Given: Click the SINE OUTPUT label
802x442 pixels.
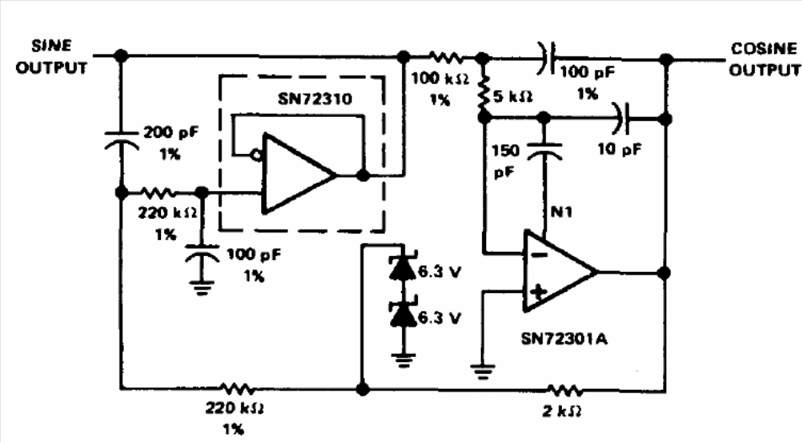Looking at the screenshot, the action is [x=51, y=56].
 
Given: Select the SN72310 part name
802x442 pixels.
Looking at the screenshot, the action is [x=315, y=99].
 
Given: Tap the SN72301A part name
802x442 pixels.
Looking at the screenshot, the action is [x=564, y=338].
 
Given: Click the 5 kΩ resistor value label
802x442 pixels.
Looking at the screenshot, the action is [x=513, y=96].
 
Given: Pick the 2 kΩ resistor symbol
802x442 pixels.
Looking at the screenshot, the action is [x=564, y=391].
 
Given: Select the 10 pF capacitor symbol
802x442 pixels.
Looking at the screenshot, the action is [x=623, y=119].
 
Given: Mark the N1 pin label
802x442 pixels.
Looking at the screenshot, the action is [x=561, y=211].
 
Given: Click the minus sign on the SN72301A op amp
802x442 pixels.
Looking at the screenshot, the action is [x=537, y=254].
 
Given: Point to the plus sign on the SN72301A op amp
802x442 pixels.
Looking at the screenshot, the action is [x=537, y=292].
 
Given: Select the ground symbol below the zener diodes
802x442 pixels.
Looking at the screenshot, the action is [x=403, y=359].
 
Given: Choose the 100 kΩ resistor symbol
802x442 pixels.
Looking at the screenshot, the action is [x=446, y=56].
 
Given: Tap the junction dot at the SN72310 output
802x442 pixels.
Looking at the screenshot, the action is [x=362, y=175].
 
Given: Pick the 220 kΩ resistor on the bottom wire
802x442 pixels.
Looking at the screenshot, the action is [x=236, y=389].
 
